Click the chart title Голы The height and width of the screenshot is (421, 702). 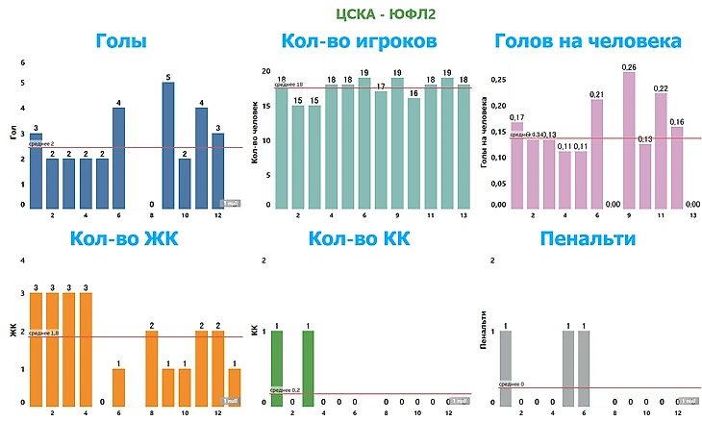(122, 41)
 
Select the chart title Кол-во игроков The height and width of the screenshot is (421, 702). (359, 41)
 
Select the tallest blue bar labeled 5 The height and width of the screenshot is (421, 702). (168, 144)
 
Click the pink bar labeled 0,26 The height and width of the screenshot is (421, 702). (629, 139)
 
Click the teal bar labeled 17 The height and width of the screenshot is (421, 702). (381, 149)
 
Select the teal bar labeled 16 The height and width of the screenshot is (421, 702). (414, 152)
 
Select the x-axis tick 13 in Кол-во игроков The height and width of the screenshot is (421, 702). (463, 216)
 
